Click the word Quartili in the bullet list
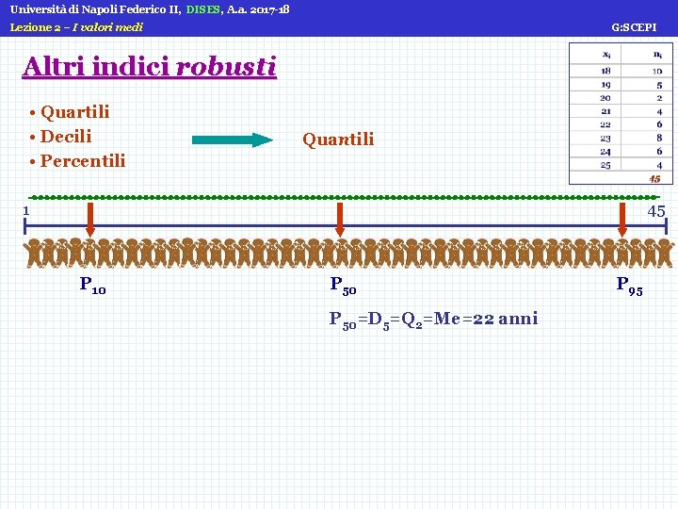coord(75,112)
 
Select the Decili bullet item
coord(66,137)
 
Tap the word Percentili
coord(83,160)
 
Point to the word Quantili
coord(338,140)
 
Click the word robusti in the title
coord(226,67)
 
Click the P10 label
coord(92,285)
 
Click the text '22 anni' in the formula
coord(505,319)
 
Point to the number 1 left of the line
coord(27,210)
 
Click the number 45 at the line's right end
coord(656,211)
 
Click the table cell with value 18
coord(605,71)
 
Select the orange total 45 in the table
coord(654,178)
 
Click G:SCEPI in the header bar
coord(634,27)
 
